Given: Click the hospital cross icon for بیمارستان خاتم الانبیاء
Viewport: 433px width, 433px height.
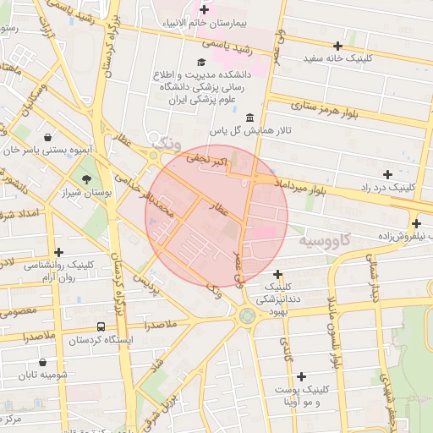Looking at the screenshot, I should pos(204,8).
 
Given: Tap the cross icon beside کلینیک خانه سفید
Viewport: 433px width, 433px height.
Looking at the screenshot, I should pos(338,46).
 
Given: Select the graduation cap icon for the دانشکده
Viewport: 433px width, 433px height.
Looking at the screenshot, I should pos(201,62).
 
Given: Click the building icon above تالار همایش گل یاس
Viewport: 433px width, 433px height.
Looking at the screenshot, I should pos(249,118).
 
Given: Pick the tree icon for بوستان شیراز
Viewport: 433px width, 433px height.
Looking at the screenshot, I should pos(87,178).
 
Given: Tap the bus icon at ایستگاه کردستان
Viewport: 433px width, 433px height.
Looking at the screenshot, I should pos(101,326).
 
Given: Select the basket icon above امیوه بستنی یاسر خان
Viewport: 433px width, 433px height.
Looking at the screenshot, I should pos(47,136).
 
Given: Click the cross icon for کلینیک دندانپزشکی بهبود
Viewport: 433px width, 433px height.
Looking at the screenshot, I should pos(277,274).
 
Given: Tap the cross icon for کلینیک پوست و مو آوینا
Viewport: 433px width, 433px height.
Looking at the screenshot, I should pos(302,375).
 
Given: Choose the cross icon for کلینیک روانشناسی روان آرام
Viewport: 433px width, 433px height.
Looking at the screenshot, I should pos(58,252).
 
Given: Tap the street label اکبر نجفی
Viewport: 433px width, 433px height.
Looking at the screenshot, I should pos(206,159).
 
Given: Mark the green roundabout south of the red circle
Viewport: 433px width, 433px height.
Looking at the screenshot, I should pos(248,316).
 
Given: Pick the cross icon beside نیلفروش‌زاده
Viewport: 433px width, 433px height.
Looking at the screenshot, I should pos(416,224).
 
